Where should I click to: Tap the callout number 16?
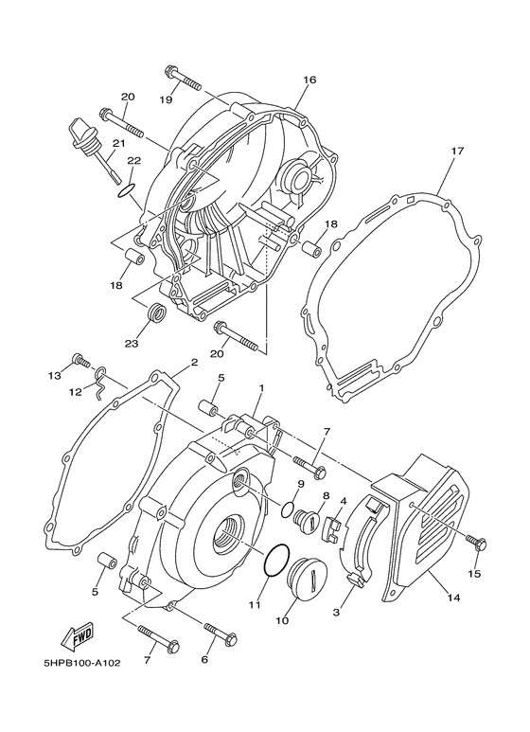coord(309,81)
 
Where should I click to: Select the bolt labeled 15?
coord(475,542)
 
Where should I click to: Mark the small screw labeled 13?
coord(82,361)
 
